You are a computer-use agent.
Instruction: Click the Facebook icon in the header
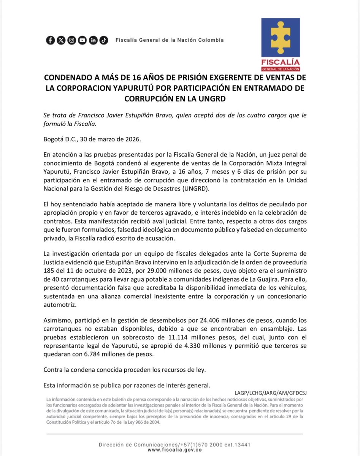[50, 40]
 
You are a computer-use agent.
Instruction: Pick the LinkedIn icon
[93, 40]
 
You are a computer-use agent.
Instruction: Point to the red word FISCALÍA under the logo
[280, 62]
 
